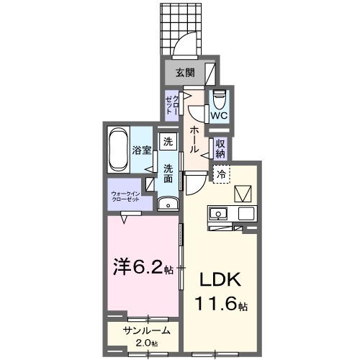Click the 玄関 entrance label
click(185, 72)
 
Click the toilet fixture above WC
click(220, 96)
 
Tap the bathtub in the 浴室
click(119, 150)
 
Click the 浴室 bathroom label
click(142, 150)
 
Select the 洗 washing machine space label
click(168, 141)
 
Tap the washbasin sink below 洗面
click(168, 204)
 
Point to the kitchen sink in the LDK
click(217, 214)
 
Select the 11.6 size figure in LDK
click(218, 305)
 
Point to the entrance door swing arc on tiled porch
click(186, 43)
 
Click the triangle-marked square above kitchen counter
click(243, 193)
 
